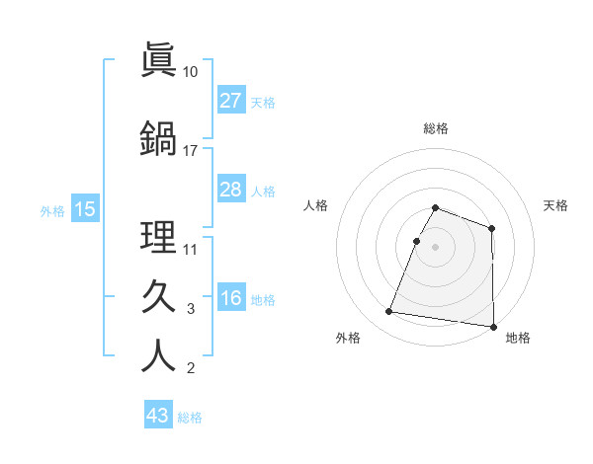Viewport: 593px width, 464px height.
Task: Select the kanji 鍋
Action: (x=158, y=138)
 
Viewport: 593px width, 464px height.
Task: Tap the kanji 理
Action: (x=158, y=237)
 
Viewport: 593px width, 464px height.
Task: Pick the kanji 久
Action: (x=158, y=296)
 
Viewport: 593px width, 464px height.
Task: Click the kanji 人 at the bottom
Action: (x=158, y=355)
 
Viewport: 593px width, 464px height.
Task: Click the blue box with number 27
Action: (x=230, y=101)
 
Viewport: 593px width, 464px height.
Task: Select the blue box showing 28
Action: (x=230, y=190)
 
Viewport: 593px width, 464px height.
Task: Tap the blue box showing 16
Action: (x=230, y=299)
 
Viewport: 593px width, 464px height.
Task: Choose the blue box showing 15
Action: (x=84, y=209)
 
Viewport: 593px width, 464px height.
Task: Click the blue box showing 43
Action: (x=158, y=416)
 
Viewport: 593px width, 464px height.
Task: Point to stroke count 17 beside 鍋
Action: (x=191, y=151)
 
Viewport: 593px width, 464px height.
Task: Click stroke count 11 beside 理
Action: (x=191, y=249)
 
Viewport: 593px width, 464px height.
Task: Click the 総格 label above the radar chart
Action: (x=435, y=128)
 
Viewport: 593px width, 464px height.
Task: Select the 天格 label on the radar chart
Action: (x=555, y=205)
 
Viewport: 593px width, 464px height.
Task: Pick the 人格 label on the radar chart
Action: (x=315, y=205)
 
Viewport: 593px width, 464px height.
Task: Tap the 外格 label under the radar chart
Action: (x=348, y=338)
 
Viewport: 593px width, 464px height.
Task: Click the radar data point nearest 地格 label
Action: (x=493, y=327)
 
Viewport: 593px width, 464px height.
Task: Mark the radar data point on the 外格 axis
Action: (x=388, y=312)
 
